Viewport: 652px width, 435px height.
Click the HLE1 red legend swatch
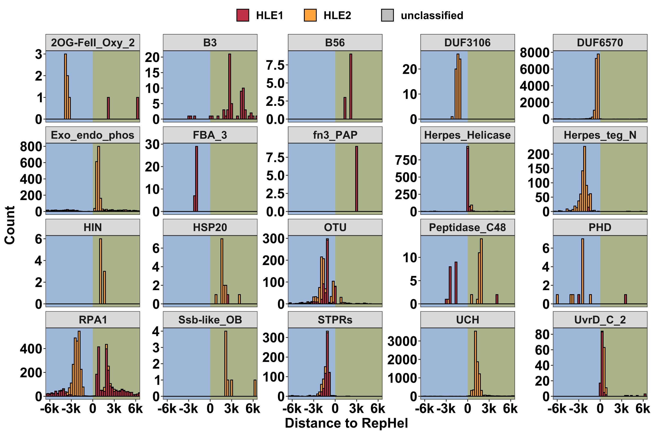point(242,15)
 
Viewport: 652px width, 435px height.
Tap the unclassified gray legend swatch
point(387,15)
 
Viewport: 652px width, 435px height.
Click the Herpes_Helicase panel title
point(467,135)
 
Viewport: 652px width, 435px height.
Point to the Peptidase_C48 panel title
point(467,228)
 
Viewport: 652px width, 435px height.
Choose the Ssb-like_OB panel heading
point(210,320)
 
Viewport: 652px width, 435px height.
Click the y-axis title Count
point(10,225)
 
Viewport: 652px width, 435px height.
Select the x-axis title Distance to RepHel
point(346,423)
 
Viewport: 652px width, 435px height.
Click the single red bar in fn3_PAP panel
point(357,179)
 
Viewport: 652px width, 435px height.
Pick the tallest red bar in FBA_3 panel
point(196,179)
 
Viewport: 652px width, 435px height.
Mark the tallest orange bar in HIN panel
point(100,271)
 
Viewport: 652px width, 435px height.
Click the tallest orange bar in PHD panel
point(583,271)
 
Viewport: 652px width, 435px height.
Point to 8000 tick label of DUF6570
point(534,53)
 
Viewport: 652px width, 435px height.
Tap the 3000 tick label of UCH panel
point(402,341)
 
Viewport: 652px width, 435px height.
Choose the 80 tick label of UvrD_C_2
point(542,335)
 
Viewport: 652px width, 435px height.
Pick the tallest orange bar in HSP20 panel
point(222,271)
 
